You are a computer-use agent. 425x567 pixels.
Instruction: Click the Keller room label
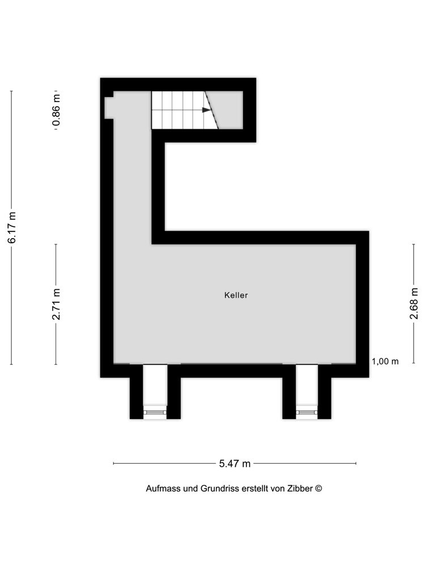236,295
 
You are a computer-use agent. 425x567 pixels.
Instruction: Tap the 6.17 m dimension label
12,227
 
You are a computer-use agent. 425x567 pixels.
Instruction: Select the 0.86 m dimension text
56,110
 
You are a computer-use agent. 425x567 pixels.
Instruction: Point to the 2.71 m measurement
56,304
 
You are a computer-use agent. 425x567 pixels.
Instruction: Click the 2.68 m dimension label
414,303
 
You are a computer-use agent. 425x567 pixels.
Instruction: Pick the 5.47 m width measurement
235,464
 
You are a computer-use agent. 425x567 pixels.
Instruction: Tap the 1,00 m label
385,361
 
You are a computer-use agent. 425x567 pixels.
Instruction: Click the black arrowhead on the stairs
206,110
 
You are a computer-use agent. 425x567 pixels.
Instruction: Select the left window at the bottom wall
155,412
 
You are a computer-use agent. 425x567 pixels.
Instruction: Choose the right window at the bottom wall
307,412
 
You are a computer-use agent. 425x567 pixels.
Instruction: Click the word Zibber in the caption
300,489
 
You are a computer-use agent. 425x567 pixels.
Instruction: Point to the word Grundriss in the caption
220,489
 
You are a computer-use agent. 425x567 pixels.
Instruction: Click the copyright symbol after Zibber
318,488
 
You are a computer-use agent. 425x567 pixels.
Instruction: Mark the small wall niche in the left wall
109,107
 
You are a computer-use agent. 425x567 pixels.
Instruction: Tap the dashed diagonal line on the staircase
212,110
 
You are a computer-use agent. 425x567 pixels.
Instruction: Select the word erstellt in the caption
254,489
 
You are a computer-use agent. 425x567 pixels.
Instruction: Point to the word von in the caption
278,489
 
